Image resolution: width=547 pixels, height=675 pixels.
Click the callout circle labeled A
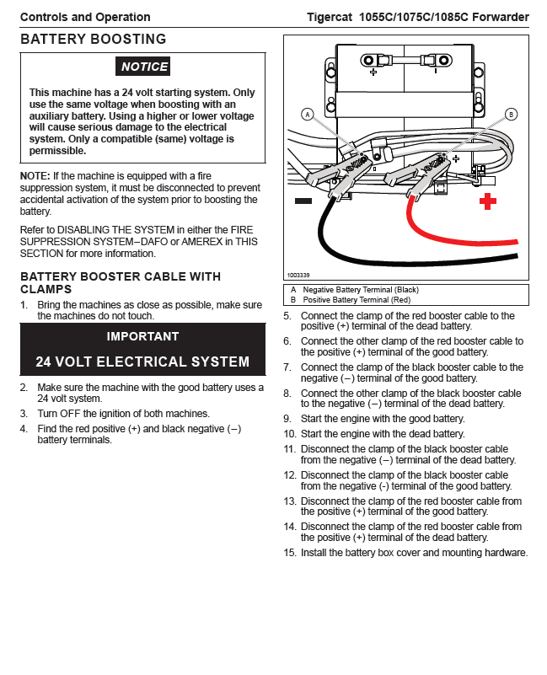pyautogui.click(x=308, y=114)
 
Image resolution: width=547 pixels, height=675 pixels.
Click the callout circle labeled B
pyautogui.click(x=511, y=114)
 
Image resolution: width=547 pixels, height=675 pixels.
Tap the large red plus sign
pyautogui.click(x=488, y=201)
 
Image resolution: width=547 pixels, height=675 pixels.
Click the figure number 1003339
pyautogui.click(x=298, y=275)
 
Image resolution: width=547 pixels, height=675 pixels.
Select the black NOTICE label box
pyautogui.click(x=144, y=67)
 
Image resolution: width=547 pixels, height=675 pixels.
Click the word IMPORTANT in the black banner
pyautogui.click(x=142, y=336)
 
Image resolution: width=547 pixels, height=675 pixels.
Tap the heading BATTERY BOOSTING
pyautogui.click(x=93, y=39)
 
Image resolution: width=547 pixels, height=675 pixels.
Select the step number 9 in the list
pyautogui.click(x=287, y=418)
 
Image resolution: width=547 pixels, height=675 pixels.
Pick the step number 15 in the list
pyautogui.click(x=290, y=553)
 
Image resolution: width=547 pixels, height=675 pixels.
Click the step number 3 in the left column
pyautogui.click(x=24, y=414)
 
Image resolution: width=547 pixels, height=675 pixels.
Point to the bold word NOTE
pyautogui.click(x=35, y=174)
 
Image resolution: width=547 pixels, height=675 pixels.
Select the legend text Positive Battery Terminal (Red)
pyautogui.click(x=356, y=299)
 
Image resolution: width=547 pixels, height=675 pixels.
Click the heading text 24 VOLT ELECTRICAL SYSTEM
pyautogui.click(x=142, y=362)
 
